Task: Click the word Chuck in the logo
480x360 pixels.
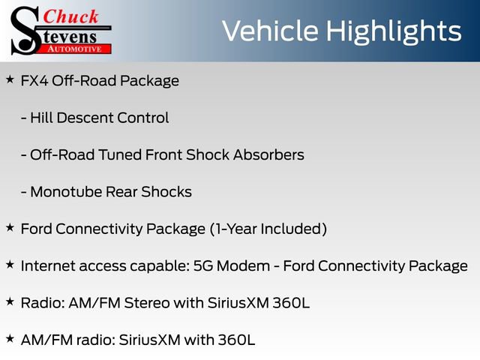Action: [70, 16]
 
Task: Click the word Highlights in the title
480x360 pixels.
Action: [400, 31]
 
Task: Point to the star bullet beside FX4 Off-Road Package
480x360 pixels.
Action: [10, 79]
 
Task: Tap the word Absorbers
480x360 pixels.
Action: [268, 155]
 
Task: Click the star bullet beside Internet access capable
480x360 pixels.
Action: [10, 264]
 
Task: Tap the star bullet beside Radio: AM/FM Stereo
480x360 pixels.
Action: [10, 301]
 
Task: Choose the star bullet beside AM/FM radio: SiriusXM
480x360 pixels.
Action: [10, 338]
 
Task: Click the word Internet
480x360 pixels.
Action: [48, 265]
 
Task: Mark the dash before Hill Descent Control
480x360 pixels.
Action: [24, 118]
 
